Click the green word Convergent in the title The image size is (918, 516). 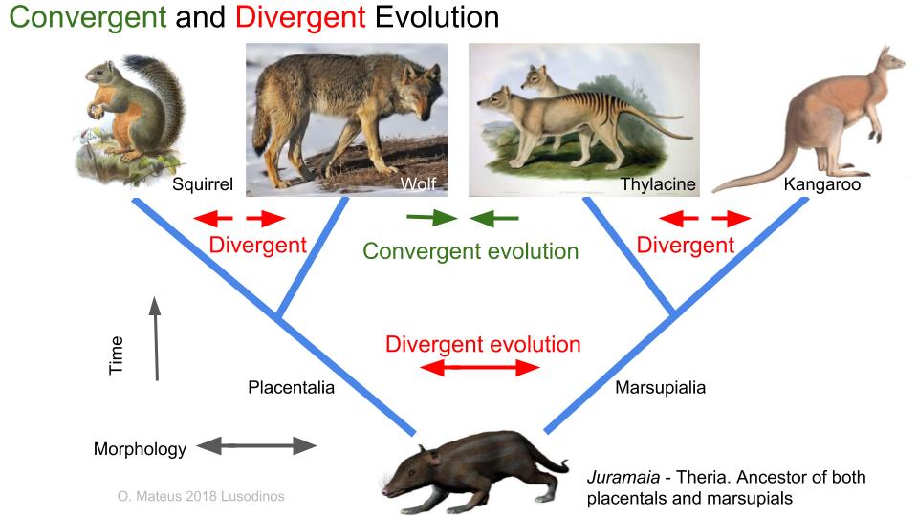tap(88, 17)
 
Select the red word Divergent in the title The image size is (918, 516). tap(300, 17)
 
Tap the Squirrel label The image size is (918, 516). tap(203, 184)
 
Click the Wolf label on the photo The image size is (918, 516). tap(418, 183)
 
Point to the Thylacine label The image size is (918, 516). tap(658, 184)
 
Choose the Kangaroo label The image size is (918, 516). tap(822, 184)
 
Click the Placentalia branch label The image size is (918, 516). tap(291, 387)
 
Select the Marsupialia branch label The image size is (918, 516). tap(661, 387)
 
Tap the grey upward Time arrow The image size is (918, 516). tap(156, 338)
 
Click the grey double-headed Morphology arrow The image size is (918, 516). tap(256, 446)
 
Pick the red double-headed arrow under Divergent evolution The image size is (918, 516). tap(479, 368)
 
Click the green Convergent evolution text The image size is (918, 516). tap(470, 251)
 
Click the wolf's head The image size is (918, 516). tap(420, 89)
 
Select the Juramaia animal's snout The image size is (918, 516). tap(390, 486)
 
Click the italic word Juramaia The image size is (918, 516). tap(623, 478)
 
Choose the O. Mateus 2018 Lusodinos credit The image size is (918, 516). tap(201, 497)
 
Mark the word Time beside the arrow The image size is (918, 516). tap(116, 355)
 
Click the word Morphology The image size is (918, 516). tap(140, 449)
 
